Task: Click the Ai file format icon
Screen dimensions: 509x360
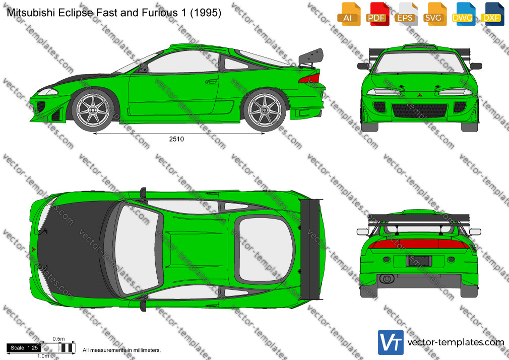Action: click(x=349, y=14)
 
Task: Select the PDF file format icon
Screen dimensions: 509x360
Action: click(x=377, y=14)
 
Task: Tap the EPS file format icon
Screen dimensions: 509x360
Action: click(x=406, y=14)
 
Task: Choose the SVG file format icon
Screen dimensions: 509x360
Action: click(x=434, y=14)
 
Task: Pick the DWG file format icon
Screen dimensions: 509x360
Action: click(x=463, y=14)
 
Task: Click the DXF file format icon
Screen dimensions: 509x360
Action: click(x=492, y=14)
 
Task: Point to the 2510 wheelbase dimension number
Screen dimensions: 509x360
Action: click(x=176, y=139)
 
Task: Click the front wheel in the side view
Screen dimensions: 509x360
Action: click(x=93, y=110)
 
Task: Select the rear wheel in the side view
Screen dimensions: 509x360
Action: click(x=265, y=110)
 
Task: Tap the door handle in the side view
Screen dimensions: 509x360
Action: click(x=212, y=81)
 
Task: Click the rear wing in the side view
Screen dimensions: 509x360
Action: click(x=311, y=57)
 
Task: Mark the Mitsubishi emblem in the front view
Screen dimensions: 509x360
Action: click(x=419, y=95)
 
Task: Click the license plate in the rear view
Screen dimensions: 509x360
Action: click(x=419, y=261)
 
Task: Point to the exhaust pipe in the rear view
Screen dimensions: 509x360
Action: click(x=387, y=279)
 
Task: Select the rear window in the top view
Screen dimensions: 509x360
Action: click(x=265, y=249)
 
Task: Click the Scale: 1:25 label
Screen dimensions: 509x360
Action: click(x=24, y=348)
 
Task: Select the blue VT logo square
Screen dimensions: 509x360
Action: click(x=391, y=342)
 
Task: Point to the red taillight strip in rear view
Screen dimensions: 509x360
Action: click(x=419, y=244)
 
